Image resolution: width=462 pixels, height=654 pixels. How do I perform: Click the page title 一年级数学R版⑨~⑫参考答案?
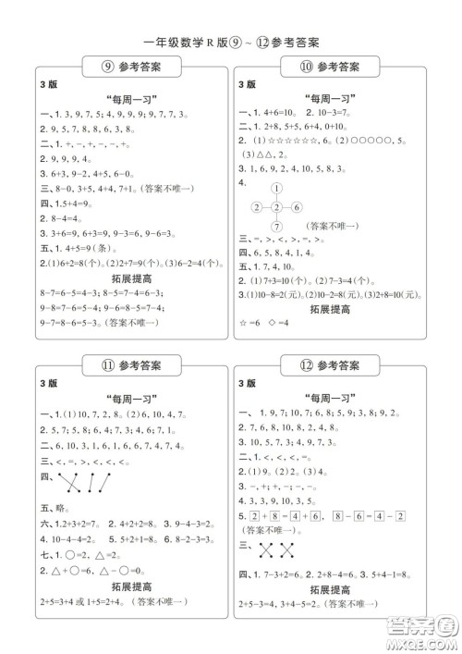point(231,41)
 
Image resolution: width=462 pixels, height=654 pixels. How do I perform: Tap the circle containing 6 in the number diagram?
point(298,207)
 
